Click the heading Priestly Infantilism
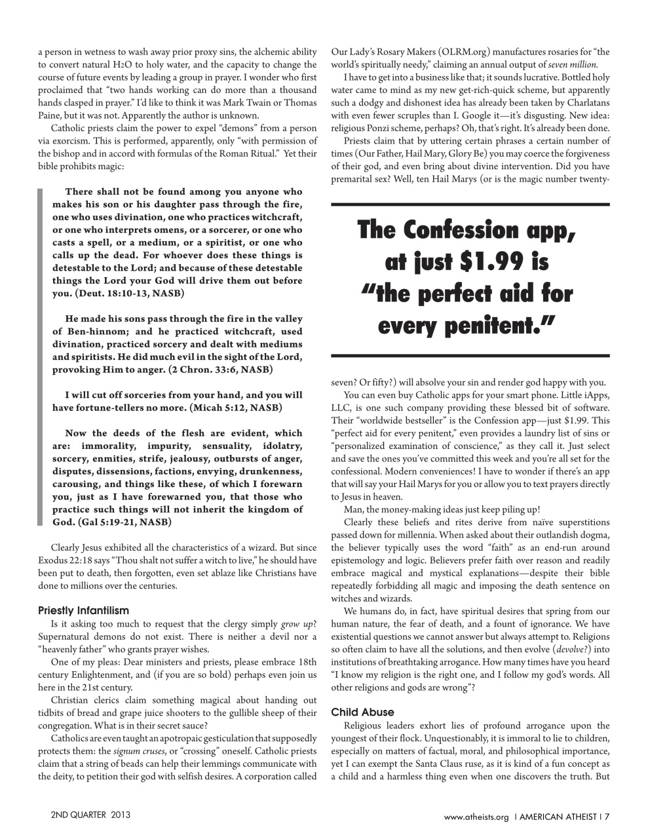[84, 610]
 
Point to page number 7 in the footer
[607, 816]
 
